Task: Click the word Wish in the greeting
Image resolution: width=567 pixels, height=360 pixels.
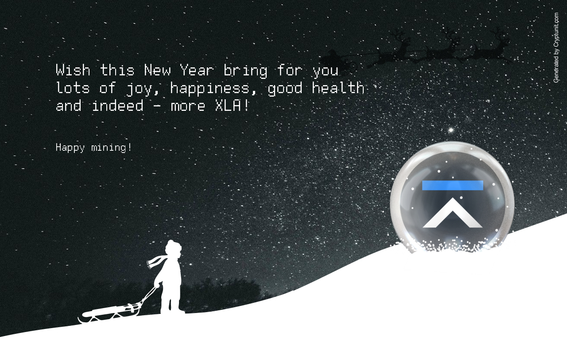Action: (x=73, y=70)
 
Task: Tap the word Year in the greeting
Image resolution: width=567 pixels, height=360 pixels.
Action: (x=197, y=70)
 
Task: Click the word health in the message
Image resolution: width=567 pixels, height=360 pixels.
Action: (x=338, y=88)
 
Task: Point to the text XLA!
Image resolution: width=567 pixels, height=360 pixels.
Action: (x=232, y=105)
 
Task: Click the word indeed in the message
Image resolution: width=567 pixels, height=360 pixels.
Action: (x=118, y=105)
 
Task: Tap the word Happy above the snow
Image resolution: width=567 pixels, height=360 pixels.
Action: (x=70, y=148)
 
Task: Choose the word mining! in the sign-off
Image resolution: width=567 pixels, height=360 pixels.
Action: (x=111, y=148)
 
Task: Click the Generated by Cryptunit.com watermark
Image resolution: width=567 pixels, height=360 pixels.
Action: (x=556, y=47)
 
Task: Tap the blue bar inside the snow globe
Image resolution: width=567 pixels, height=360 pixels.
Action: (x=453, y=185)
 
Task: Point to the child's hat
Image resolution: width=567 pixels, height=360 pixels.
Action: (x=173, y=245)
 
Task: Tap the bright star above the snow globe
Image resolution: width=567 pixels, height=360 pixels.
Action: (x=451, y=130)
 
